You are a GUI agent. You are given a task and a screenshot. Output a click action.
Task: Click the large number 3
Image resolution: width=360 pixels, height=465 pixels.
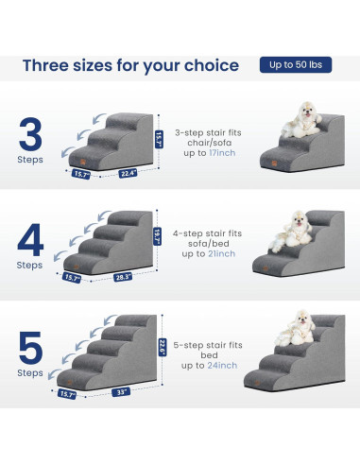(30, 137)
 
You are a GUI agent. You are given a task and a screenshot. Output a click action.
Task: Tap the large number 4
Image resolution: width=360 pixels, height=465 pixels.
(30, 241)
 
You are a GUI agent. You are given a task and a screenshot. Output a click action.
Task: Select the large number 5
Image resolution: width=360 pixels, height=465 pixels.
(30, 351)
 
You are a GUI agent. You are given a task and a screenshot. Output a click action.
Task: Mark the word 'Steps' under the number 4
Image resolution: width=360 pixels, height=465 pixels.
(30, 267)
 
